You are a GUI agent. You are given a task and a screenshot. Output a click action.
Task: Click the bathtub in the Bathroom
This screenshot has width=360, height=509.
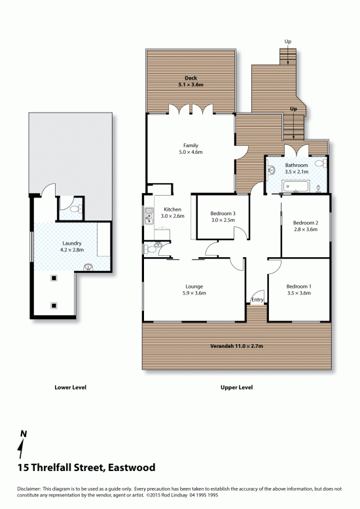point(296,186)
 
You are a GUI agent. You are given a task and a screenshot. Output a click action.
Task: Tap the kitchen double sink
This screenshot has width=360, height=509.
point(149,216)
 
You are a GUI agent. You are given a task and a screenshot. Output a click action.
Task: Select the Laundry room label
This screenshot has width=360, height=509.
point(72,243)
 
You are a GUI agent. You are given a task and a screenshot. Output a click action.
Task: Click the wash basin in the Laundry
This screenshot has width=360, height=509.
point(88,268)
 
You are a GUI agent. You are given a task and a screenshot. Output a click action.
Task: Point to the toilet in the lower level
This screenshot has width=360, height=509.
point(77,209)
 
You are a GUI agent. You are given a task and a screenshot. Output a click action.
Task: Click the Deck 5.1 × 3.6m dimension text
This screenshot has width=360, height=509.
point(190,85)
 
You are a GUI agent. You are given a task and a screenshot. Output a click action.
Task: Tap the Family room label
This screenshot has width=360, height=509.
point(190,145)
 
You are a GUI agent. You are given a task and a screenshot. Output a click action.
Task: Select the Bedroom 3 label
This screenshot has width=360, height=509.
point(223,213)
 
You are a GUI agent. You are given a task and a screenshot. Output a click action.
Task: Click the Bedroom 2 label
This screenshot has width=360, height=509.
point(306,222)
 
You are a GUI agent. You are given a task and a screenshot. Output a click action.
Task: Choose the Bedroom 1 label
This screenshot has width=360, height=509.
point(299,287)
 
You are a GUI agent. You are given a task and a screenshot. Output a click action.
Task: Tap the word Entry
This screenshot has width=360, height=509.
point(257,300)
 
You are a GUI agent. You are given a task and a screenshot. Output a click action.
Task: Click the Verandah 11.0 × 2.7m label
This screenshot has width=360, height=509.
point(236,345)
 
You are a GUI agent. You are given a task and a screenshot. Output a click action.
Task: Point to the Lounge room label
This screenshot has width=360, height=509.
point(194,287)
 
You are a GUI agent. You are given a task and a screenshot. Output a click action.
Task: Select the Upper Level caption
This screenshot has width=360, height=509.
point(236,387)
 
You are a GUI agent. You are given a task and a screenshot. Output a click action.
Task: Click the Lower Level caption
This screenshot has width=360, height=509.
point(71,387)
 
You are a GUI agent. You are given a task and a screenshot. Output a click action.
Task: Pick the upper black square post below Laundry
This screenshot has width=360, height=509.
point(54,278)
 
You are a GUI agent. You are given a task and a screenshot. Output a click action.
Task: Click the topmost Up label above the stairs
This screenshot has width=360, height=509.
point(288,42)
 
